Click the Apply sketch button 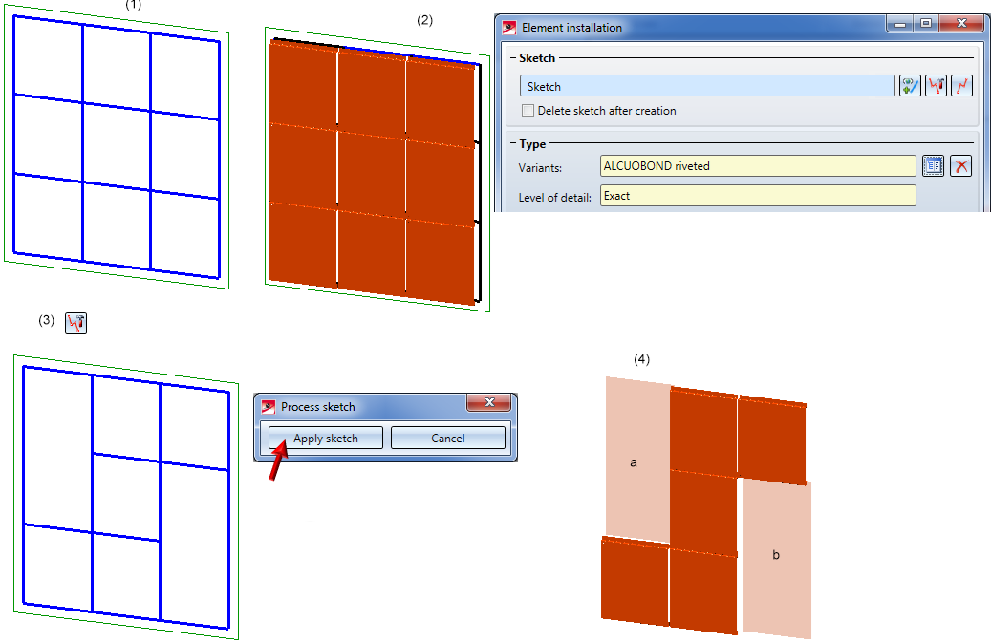click(x=326, y=438)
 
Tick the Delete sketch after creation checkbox click(x=528, y=111)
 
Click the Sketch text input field click(x=707, y=86)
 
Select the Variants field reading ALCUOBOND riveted click(x=758, y=166)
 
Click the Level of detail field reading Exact click(x=758, y=196)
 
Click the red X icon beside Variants click(x=960, y=166)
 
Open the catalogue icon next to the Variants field click(x=933, y=166)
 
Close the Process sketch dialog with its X click(x=489, y=402)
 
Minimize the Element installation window click(x=900, y=23)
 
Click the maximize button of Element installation click(x=926, y=23)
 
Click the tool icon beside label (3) click(x=75, y=323)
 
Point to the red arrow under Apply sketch click(x=277, y=461)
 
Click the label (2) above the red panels click(x=424, y=20)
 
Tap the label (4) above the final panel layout click(x=641, y=359)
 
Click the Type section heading click(x=532, y=144)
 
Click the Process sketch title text click(x=318, y=407)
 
